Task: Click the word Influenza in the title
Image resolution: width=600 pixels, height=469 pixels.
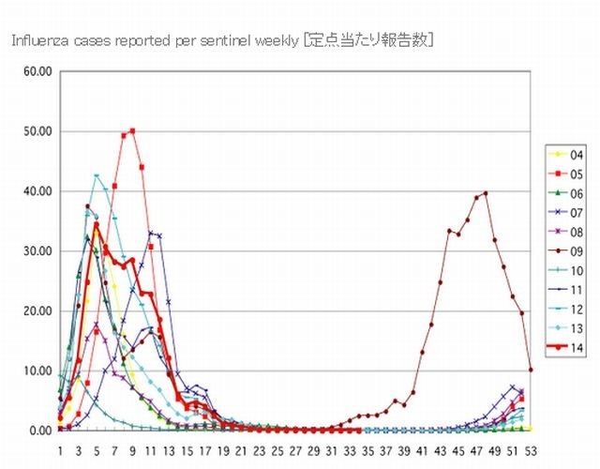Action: (37, 41)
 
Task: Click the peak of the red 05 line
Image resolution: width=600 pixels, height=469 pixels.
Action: (133, 130)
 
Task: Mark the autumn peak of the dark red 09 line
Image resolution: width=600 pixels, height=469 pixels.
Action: (486, 192)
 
